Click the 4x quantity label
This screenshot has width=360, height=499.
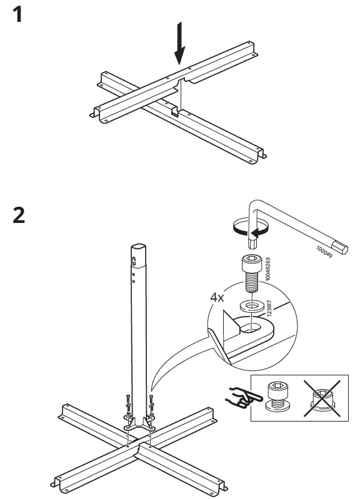(216, 298)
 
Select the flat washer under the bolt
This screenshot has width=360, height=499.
(250, 306)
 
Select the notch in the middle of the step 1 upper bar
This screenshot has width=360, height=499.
(180, 83)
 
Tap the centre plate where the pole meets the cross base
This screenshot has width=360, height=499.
(139, 432)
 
